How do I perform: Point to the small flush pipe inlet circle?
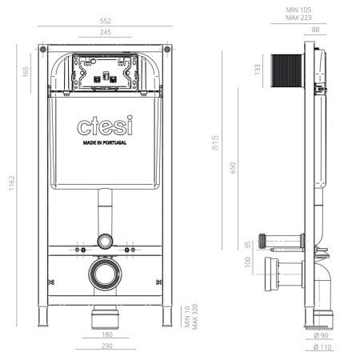point(103,241)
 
